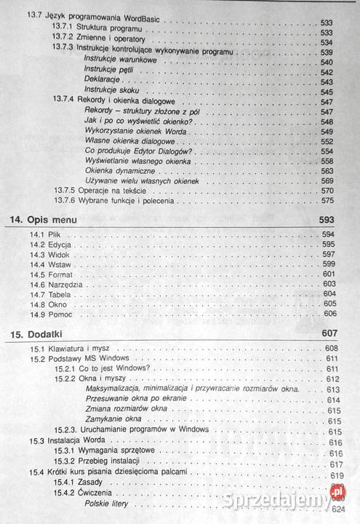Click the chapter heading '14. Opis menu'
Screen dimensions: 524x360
point(55,218)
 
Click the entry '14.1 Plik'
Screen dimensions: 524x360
point(44,235)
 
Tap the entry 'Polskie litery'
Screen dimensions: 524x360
point(106,504)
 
